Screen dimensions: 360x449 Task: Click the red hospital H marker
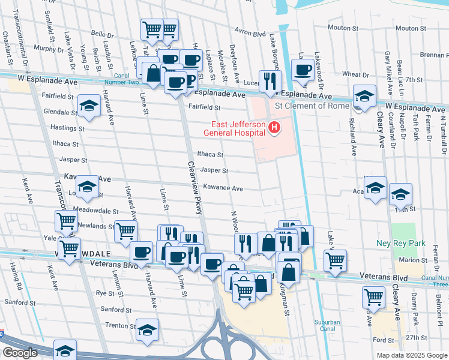pos(275,127)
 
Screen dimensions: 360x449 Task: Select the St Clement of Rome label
pos(311,106)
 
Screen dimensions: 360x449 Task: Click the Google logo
pos(19,353)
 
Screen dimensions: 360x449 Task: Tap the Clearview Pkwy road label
pos(194,187)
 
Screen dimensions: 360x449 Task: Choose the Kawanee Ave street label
pos(222,188)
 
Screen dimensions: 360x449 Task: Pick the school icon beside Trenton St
pos(147,330)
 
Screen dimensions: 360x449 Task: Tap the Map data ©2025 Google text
pos(411,355)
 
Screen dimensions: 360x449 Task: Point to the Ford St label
pos(383,340)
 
